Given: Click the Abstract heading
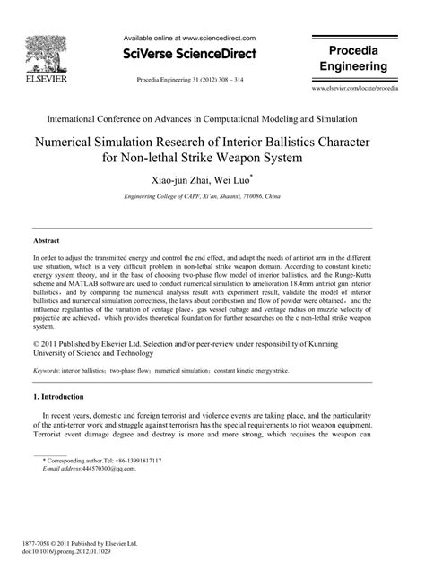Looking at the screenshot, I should tap(47, 242).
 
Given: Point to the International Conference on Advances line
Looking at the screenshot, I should tap(212, 118).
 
